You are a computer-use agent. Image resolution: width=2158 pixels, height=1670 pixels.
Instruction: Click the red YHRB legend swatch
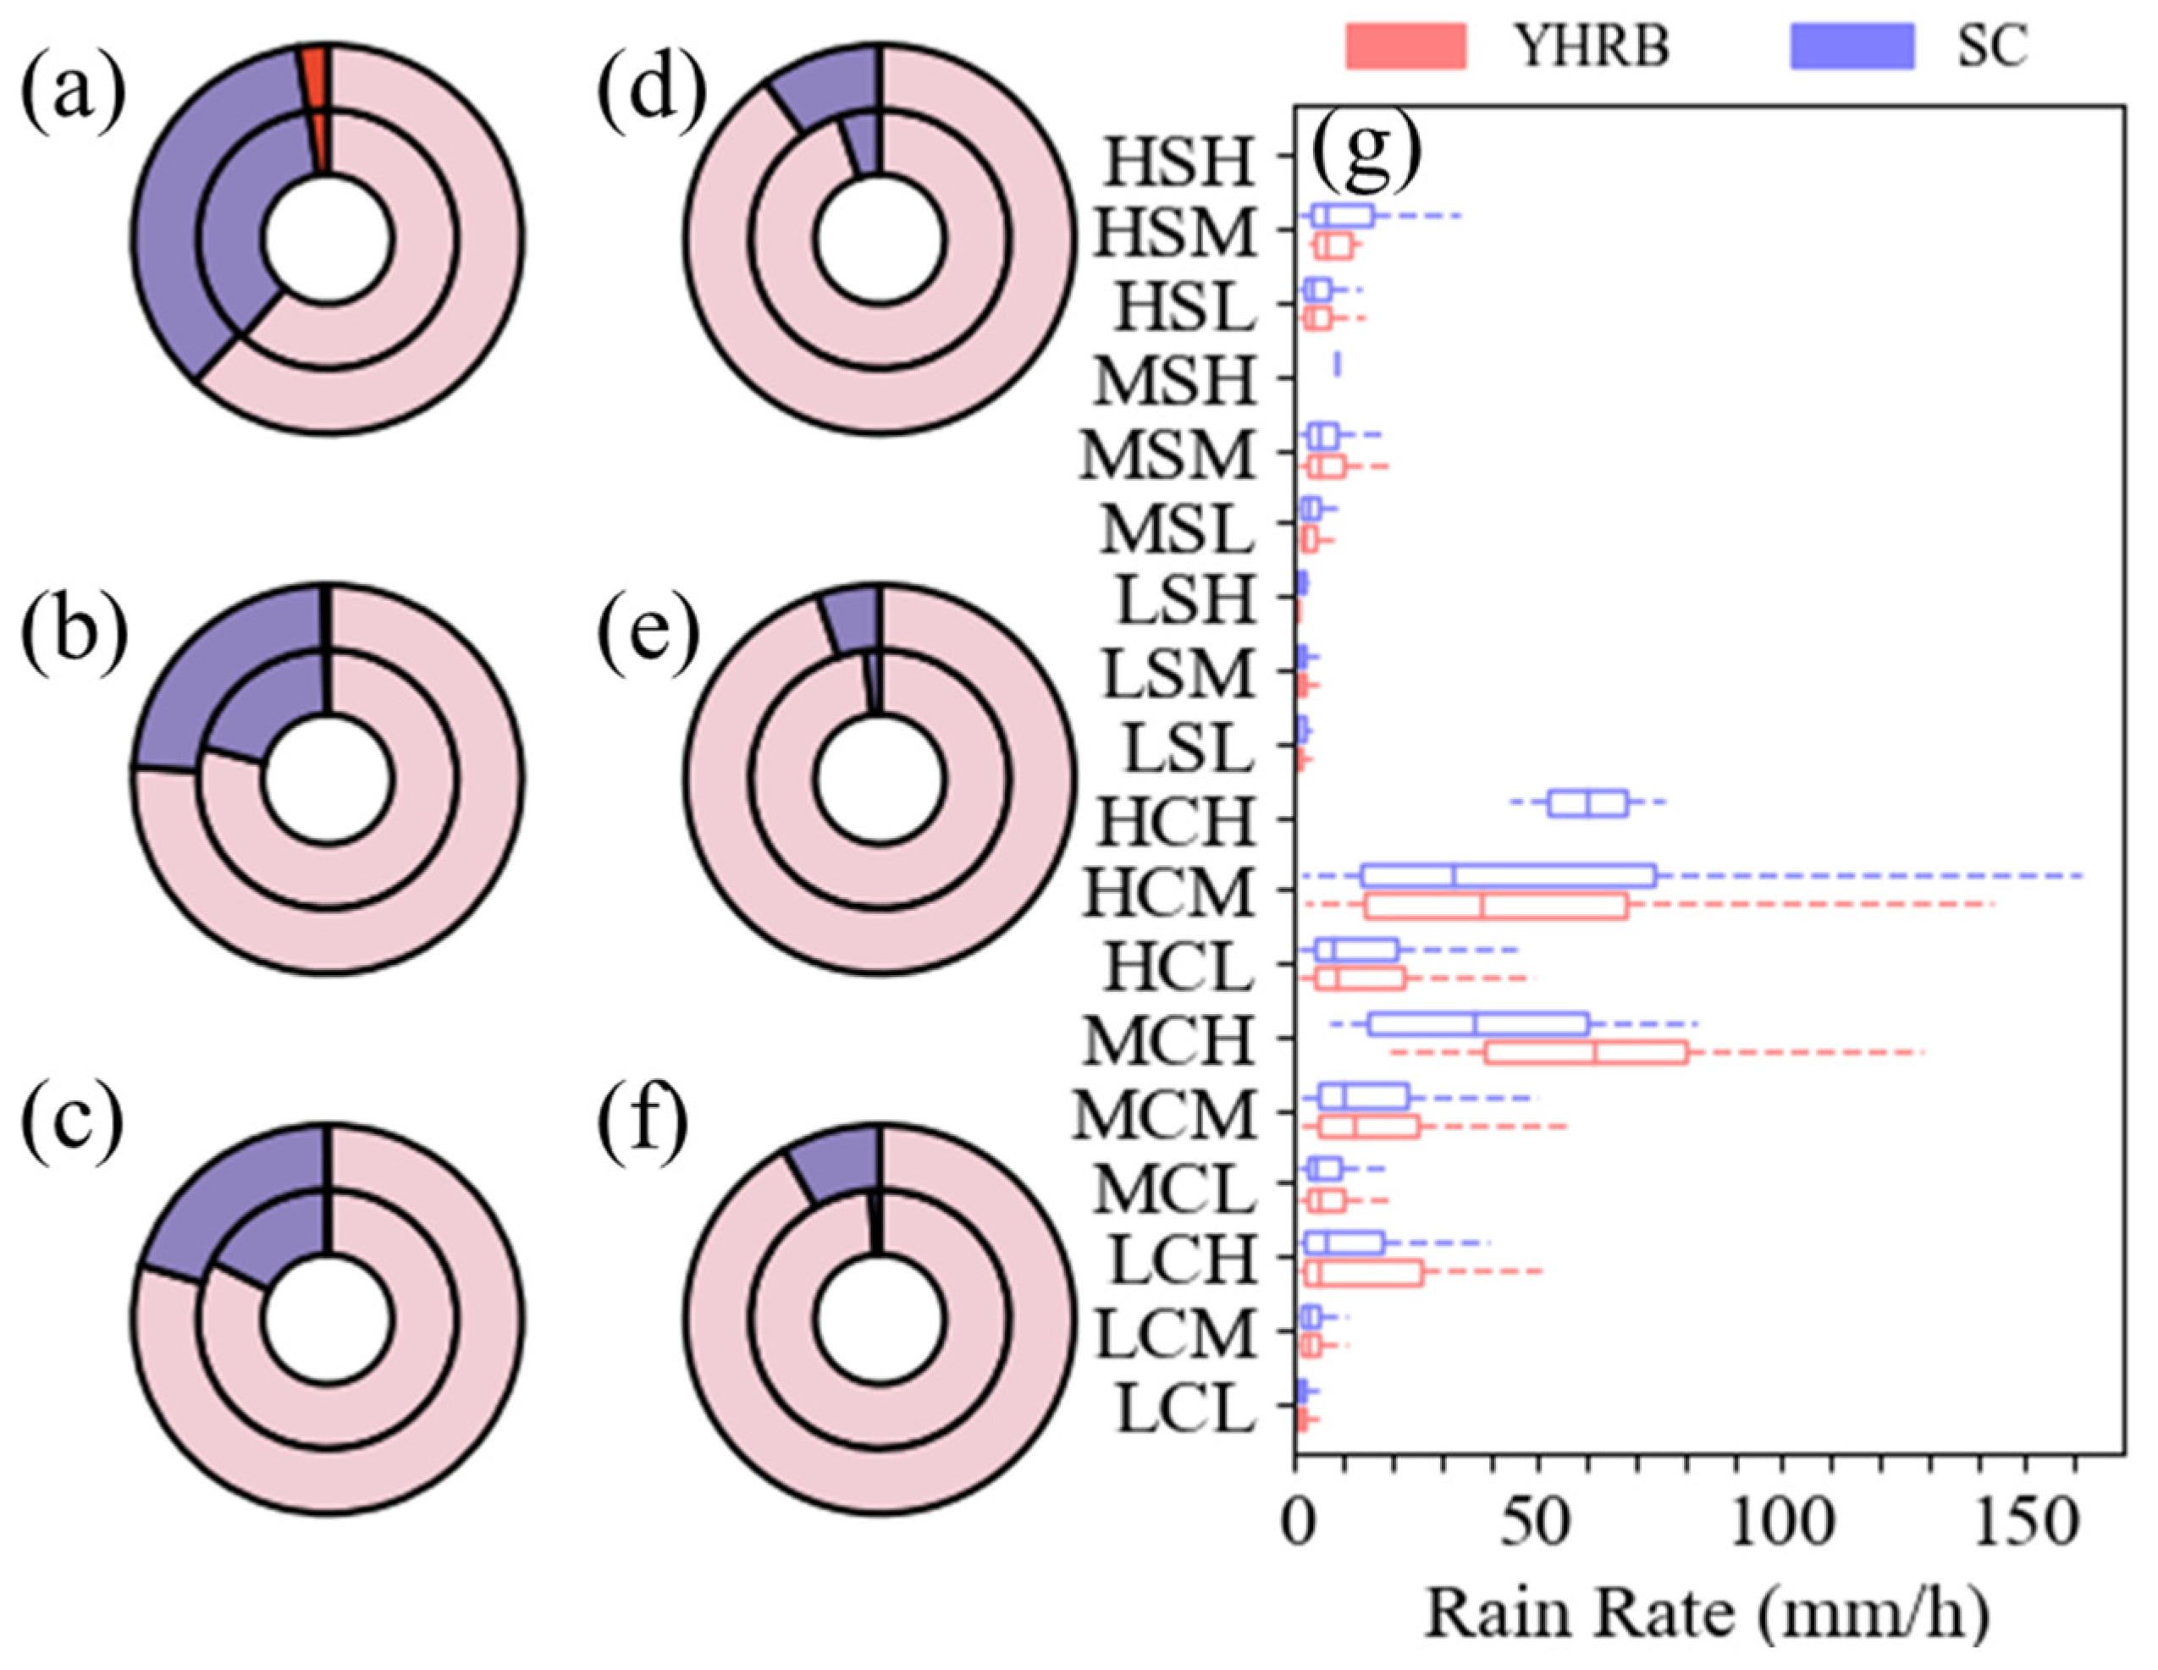[x=1405, y=47]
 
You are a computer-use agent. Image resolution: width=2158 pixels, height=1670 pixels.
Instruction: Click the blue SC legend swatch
[x=1852, y=47]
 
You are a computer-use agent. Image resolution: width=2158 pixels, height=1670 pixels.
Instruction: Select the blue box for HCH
[x=1587, y=803]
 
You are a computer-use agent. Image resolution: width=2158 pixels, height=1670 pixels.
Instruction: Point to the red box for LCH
[x=1364, y=1274]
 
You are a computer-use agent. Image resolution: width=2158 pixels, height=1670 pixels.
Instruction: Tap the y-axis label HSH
[x=1178, y=163]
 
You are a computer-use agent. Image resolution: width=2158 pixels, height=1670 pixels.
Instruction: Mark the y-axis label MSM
[x=1168, y=456]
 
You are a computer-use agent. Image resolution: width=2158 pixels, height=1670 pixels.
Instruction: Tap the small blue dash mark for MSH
[x=1337, y=365]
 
